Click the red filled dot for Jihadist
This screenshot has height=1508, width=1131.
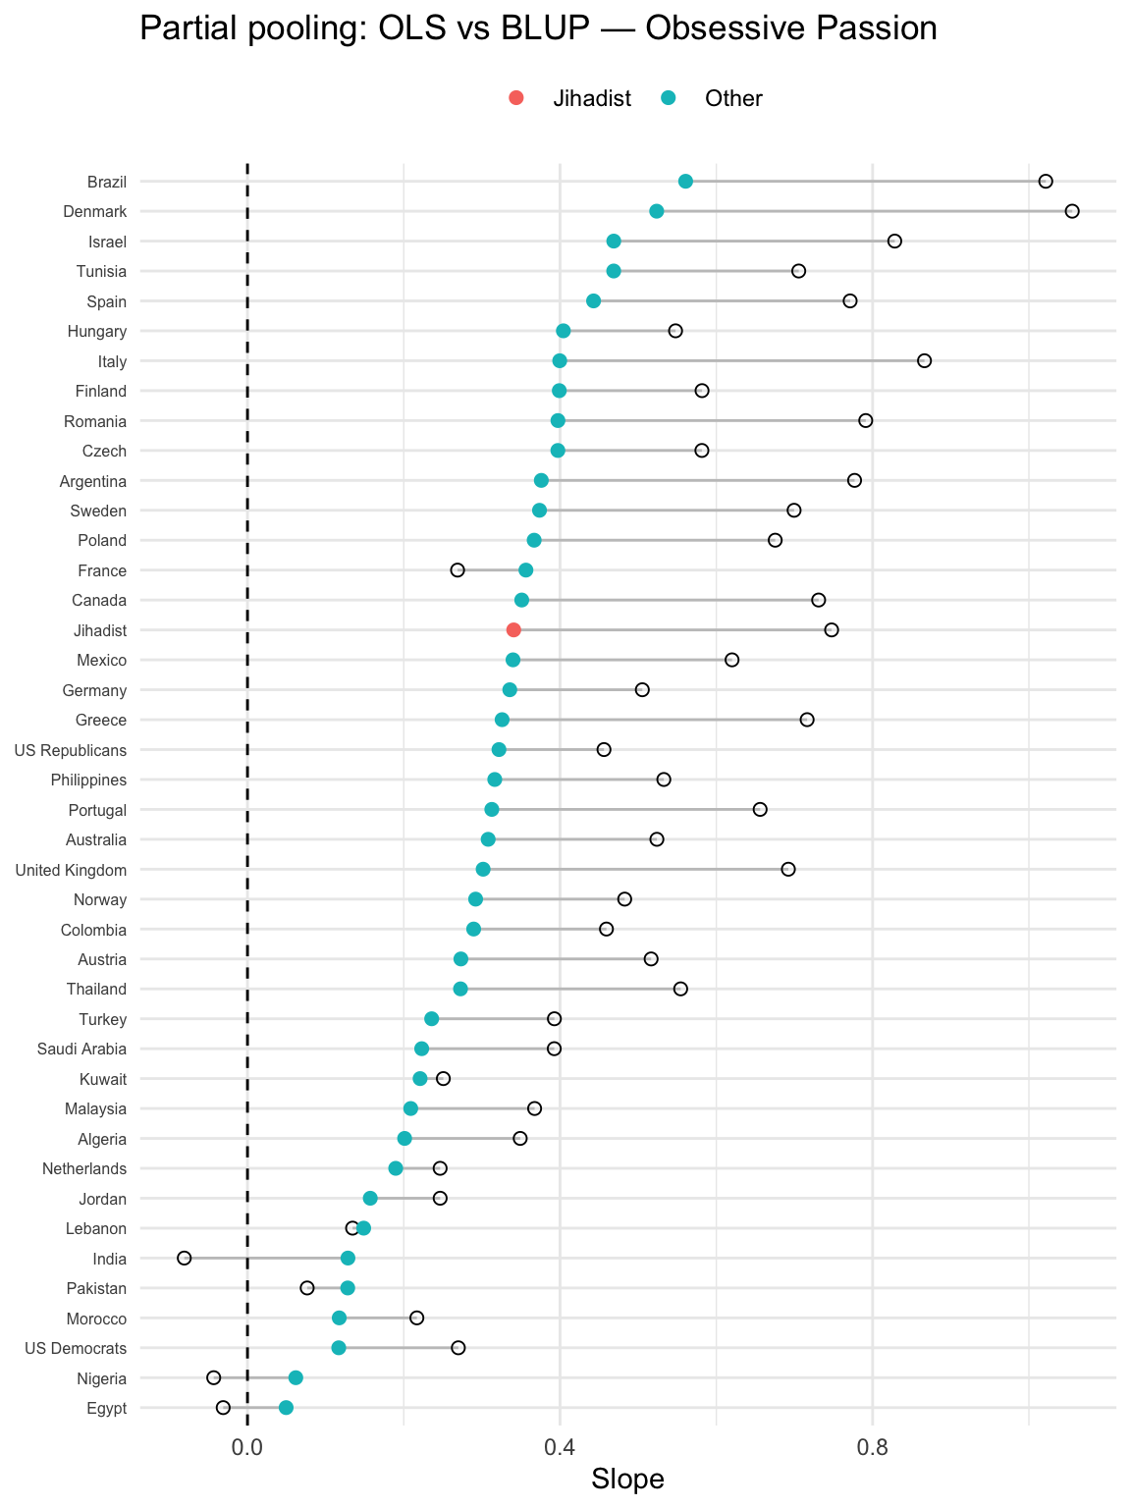point(513,630)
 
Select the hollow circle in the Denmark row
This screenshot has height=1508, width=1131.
point(1072,211)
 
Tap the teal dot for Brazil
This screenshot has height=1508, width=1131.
point(685,182)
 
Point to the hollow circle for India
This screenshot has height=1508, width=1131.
point(184,1258)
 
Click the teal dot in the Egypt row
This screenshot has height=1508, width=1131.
point(286,1408)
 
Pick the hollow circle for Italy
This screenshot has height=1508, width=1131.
point(924,361)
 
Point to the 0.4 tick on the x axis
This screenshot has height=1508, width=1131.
point(560,1446)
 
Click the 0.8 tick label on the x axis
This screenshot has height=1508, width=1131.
point(872,1446)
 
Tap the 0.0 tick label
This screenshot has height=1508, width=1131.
point(247,1446)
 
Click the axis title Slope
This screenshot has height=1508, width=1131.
point(627,1480)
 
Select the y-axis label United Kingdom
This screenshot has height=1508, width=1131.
point(71,870)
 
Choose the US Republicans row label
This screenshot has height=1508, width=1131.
point(71,750)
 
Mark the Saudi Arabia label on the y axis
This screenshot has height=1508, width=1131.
point(81,1050)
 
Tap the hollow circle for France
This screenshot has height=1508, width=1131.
point(458,570)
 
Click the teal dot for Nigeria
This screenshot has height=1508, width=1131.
point(296,1378)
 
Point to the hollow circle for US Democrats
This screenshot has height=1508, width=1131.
point(458,1348)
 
